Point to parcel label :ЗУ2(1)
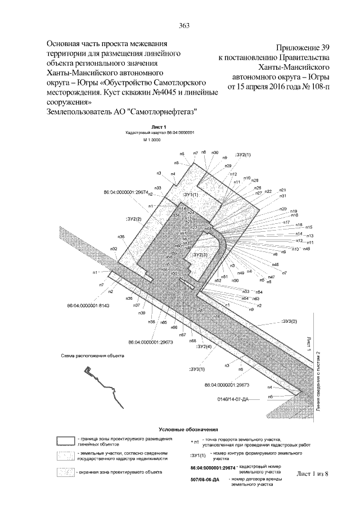[243, 154]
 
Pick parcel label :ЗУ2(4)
[204, 347]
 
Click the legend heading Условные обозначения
[184, 429]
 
